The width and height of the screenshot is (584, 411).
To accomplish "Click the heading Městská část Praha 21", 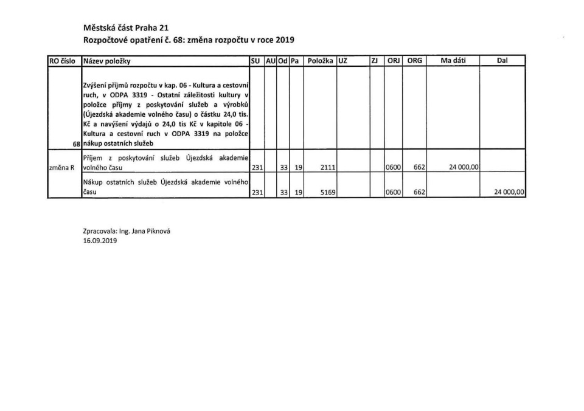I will click(x=126, y=28).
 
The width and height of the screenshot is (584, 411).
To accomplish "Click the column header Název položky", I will click(x=106, y=61).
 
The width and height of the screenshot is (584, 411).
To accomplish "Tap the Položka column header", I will click(x=320, y=61).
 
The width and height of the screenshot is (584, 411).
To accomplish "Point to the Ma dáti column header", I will click(x=453, y=61).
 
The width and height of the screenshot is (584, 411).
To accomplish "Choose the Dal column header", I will click(x=502, y=61).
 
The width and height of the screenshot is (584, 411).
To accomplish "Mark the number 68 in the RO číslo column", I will click(x=76, y=143).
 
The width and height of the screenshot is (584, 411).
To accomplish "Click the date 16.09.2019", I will click(x=99, y=241).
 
